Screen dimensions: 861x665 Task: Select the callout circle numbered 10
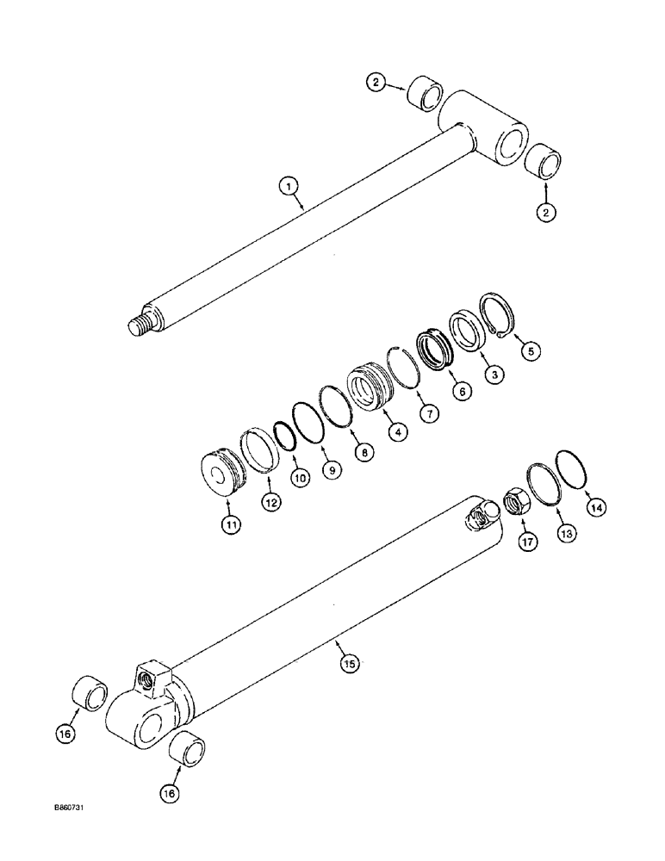[x=299, y=479]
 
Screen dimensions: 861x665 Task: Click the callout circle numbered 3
[x=494, y=375]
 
